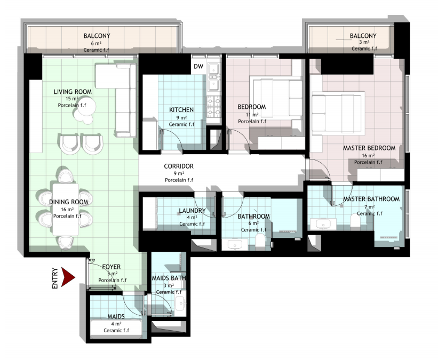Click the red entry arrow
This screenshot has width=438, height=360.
coord(67,277)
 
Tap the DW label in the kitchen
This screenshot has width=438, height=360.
coord(198,67)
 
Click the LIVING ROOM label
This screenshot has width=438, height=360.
coord(73,92)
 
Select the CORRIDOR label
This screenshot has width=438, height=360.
coord(179,166)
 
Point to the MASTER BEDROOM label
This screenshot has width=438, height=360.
coord(369,148)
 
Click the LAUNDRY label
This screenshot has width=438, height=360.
coord(192,211)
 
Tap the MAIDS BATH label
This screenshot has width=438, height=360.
coord(169,278)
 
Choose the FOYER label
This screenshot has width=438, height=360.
coord(112,267)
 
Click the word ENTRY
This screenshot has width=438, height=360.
coord(55,278)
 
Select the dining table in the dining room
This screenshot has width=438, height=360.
coord(66,210)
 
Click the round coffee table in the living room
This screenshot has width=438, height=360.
coord(86,106)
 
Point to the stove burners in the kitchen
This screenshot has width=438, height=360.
coord(214,107)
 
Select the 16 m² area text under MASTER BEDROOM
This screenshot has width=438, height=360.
coord(368,156)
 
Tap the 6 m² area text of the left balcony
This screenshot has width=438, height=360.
coord(96,43)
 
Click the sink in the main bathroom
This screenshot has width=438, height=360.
coord(235,245)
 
